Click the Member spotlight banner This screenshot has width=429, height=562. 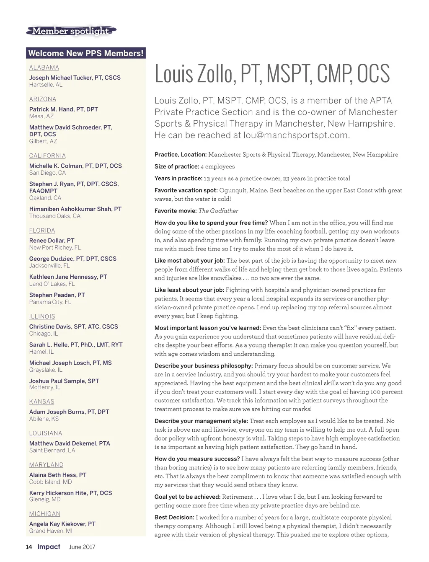pyautogui.click(x=71, y=31)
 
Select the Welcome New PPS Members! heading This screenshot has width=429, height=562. pyautogui.click(x=86, y=53)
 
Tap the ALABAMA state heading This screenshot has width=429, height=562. pyautogui.click(x=44, y=67)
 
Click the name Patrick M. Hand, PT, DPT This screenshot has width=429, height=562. pyautogui.click(x=64, y=109)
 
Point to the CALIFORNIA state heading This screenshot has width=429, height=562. pyautogui.click(x=47, y=155)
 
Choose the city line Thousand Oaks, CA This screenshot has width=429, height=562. pyautogui.click(x=55, y=216)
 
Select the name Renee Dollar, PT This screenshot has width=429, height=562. pyautogui.click(x=52, y=241)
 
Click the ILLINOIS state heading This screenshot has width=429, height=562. pyautogui.click(x=42, y=316)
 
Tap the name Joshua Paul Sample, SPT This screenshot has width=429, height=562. pyautogui.click(x=64, y=381)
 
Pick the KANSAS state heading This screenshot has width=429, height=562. pyautogui.click(x=42, y=401)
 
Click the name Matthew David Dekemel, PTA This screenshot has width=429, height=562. pyautogui.click(x=70, y=443)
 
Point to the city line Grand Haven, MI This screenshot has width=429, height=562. pyautogui.click(x=51, y=531)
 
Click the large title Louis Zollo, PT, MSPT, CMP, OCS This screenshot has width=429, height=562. pyautogui.click(x=272, y=74)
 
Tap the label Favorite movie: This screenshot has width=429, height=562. pyautogui.click(x=176, y=211)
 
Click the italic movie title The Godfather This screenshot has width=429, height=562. pyautogui.click(x=218, y=211)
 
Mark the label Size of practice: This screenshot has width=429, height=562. pyautogui.click(x=176, y=166)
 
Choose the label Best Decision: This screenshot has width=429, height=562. pyautogui.click(x=174, y=518)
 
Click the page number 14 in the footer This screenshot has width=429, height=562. pyautogui.click(x=29, y=547)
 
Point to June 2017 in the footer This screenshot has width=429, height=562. pyautogui.click(x=82, y=547)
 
